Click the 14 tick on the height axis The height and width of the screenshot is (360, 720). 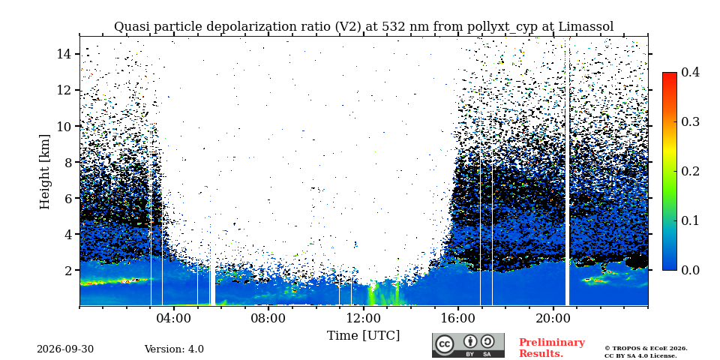coord(64,54)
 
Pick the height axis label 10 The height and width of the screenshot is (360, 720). coord(64,126)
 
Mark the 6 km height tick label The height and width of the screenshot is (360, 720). coord(67,198)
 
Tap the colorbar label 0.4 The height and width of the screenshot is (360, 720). coord(690,72)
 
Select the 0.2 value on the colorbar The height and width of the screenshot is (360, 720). coord(690,171)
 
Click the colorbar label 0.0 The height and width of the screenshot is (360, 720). coord(690,270)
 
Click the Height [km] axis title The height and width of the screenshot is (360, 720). coord(44,172)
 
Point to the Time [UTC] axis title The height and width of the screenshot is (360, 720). coord(363,336)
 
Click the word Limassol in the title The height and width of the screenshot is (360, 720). coord(586,27)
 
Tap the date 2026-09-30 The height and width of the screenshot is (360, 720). coord(65,349)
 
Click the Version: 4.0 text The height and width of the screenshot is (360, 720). coord(174,349)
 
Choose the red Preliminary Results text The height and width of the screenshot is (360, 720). coord(552,348)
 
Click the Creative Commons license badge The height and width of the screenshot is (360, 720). coord(468,345)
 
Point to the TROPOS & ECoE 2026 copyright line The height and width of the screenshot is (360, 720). coord(646,349)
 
